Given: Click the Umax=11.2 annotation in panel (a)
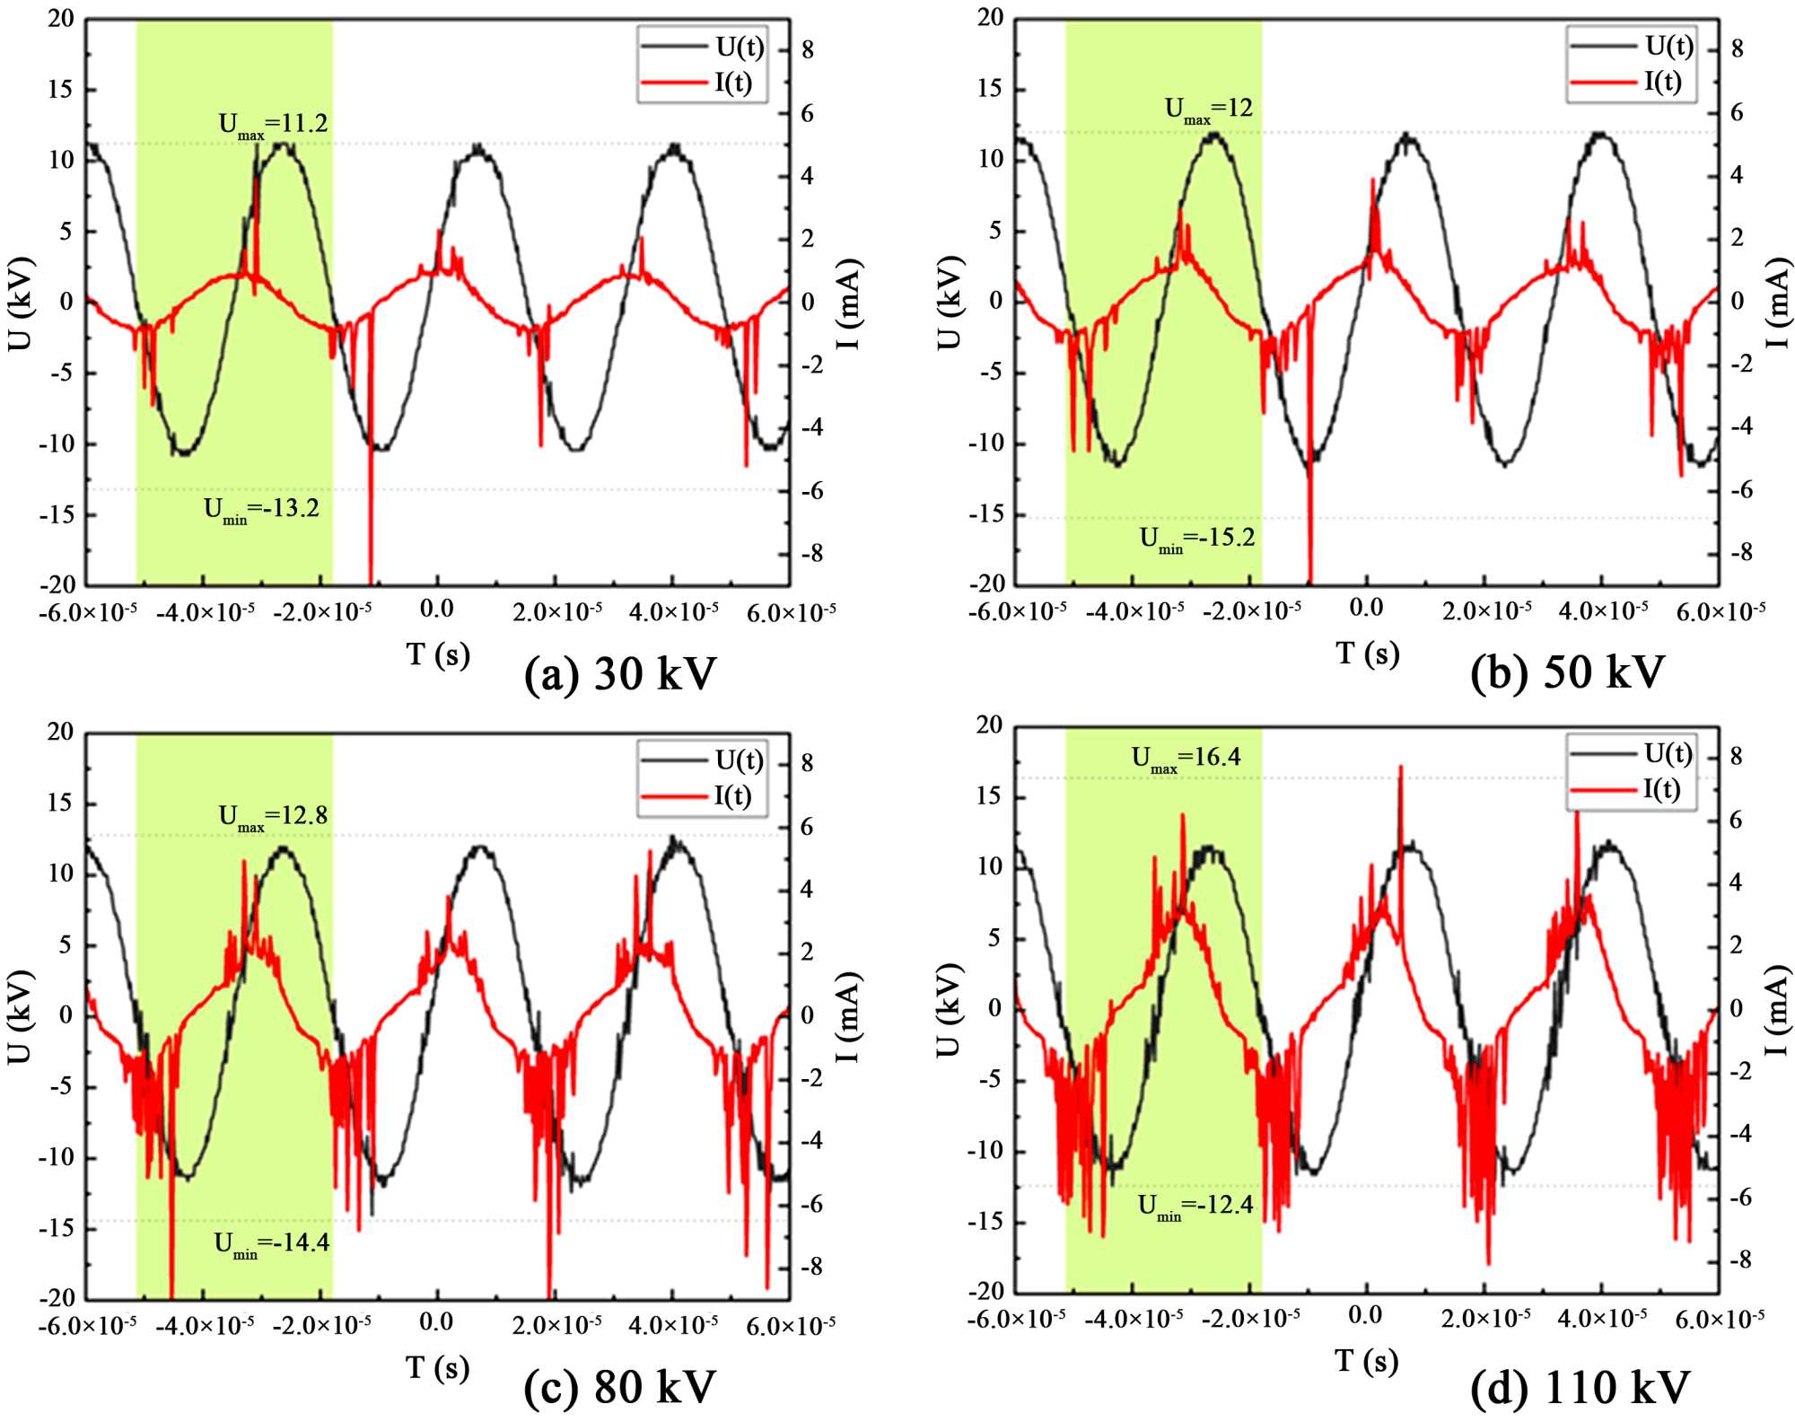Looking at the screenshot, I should (274, 124).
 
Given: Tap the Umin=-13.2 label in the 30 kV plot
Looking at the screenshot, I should (261, 510).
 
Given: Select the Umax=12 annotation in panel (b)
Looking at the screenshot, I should (1208, 110).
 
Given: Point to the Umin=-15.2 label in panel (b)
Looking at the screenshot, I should (1197, 539).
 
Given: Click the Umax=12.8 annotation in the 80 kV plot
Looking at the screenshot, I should (274, 817).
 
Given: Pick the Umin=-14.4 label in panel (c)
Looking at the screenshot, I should (272, 1243).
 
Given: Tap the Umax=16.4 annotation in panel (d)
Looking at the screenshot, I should (1186, 759).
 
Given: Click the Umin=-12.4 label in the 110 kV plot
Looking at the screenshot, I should (1195, 1206).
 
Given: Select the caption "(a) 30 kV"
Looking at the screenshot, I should (620, 673).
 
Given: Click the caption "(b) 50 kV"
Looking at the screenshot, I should (1567, 671).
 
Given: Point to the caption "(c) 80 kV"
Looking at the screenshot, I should (620, 1386).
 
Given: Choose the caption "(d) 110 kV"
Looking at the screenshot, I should (1580, 1386).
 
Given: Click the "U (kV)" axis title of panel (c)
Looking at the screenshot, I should (20, 1016).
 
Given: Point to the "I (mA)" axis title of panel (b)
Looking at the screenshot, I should (1777, 303).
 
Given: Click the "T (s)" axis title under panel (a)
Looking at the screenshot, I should (437, 654).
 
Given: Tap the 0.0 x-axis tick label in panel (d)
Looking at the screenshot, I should (1365, 1316).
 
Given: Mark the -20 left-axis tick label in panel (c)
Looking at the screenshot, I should (56, 1298).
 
